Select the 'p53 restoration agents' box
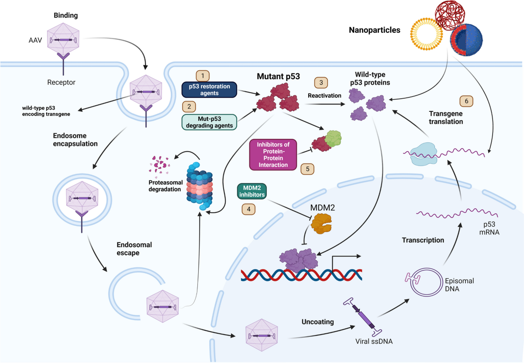209,90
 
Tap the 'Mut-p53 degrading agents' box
209,122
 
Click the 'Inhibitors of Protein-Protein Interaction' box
273,154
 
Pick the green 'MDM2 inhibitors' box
251,192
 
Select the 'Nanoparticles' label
374,31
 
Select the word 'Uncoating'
317,322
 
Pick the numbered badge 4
249,209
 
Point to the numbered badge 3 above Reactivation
321,82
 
